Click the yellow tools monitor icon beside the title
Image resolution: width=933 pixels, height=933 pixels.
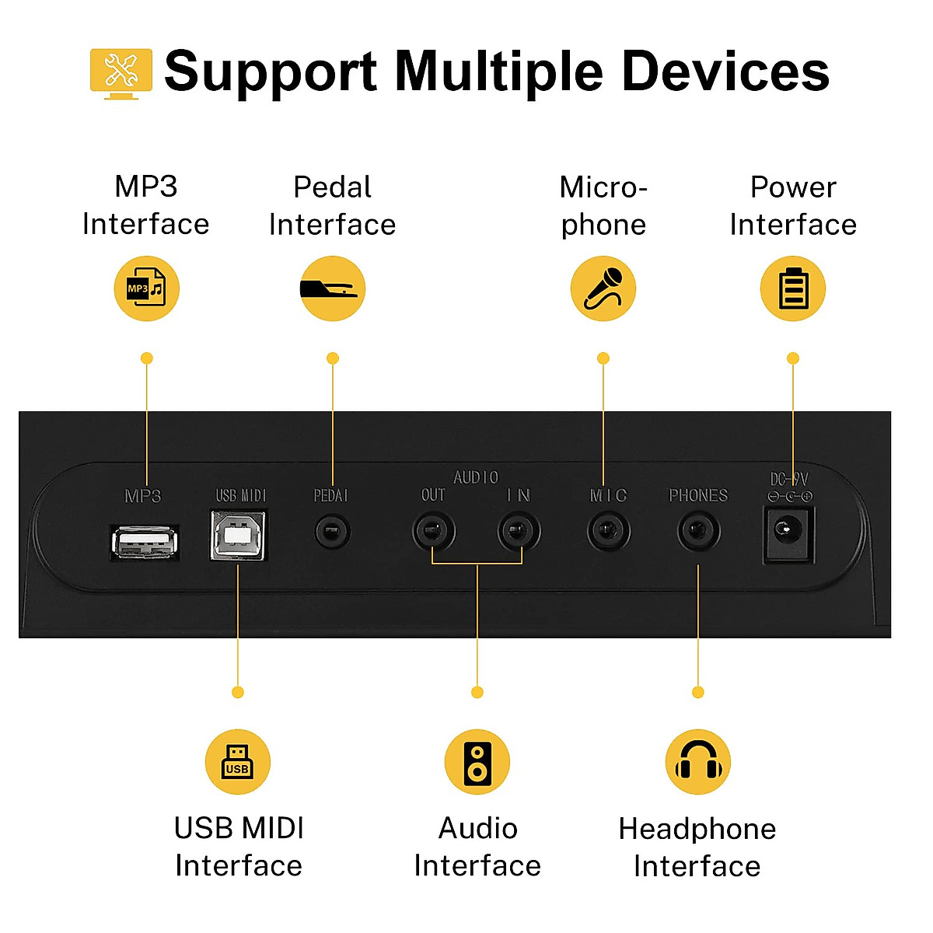[121, 73]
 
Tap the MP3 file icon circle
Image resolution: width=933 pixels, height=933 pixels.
[147, 288]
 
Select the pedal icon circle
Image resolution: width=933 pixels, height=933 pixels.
[333, 288]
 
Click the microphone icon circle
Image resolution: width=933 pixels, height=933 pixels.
[603, 288]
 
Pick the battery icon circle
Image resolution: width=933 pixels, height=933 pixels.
[793, 288]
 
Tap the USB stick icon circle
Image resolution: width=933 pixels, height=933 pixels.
[238, 762]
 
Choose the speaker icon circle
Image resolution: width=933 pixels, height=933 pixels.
[477, 762]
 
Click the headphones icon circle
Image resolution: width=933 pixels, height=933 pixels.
[698, 762]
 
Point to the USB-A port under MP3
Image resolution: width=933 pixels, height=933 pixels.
[145, 542]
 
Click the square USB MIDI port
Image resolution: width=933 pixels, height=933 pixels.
[239, 536]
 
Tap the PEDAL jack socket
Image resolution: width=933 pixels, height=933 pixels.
[333, 533]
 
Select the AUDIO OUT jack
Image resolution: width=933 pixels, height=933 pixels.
[433, 533]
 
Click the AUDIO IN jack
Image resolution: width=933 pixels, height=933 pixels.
[519, 533]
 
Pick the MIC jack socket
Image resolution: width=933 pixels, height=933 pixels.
[608, 533]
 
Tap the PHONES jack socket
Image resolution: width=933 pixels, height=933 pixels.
[698, 533]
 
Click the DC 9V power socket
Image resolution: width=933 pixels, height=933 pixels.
[789, 533]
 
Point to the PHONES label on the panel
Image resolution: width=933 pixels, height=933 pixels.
[698, 495]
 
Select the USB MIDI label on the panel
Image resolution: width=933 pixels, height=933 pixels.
[241, 495]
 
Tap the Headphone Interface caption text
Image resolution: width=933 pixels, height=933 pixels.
[697, 847]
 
